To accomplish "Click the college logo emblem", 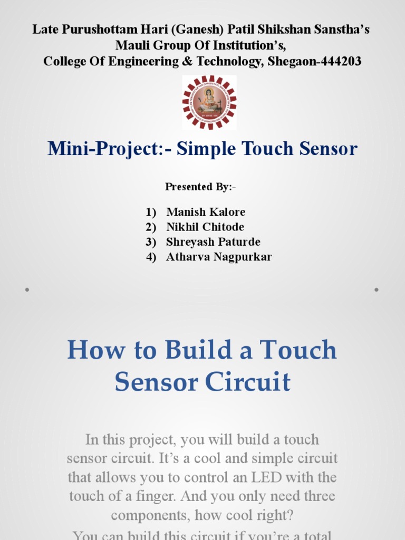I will (209, 102).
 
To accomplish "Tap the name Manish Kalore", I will (206, 212).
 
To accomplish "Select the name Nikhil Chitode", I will (205, 227).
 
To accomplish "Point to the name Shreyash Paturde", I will (213, 242).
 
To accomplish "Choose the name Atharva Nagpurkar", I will (219, 257).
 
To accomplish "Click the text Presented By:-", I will (201, 187).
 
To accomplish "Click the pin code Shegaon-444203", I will (314, 62).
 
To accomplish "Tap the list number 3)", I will (151, 242).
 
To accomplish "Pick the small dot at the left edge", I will (26, 290).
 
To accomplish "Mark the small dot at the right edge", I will (377, 290).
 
